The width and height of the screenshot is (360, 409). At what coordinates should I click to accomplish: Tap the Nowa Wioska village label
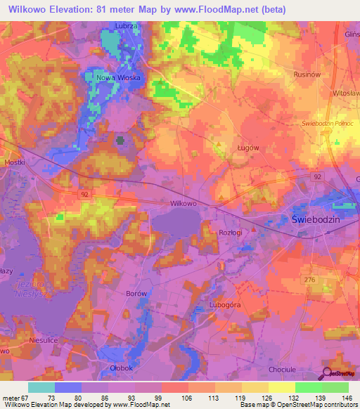click(119, 77)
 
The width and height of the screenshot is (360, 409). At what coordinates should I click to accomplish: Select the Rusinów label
click(308, 73)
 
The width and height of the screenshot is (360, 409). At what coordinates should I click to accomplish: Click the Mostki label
click(14, 162)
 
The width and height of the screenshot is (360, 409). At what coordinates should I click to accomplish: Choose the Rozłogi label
click(230, 233)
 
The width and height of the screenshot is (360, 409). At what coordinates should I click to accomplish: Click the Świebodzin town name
click(316, 219)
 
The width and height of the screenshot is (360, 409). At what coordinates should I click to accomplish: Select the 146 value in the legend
click(345, 398)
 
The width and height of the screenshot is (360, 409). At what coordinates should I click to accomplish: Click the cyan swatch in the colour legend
click(41, 387)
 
